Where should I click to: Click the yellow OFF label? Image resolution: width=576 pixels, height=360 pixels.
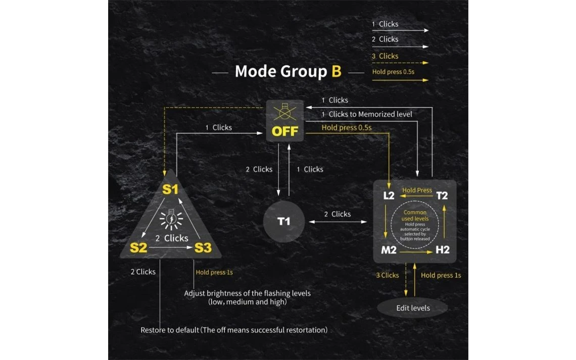click(x=285, y=131)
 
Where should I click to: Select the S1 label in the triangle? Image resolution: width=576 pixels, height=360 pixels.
click(x=170, y=190)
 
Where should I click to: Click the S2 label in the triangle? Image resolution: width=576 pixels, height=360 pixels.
click(x=138, y=248)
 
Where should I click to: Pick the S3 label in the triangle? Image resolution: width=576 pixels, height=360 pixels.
click(x=203, y=248)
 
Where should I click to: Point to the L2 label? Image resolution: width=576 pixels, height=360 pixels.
click(x=389, y=195)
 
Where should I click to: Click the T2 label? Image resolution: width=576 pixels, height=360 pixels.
click(x=442, y=195)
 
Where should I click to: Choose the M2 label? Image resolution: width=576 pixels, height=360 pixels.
click(x=388, y=249)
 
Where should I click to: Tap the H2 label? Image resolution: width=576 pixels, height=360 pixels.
click(x=442, y=249)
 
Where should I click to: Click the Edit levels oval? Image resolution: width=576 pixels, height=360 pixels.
click(x=412, y=308)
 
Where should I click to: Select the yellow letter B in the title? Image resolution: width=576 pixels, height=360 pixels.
click(x=337, y=71)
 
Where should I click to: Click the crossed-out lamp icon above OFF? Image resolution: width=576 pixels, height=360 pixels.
click(x=285, y=111)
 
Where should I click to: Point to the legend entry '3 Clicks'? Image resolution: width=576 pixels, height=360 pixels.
click(x=385, y=56)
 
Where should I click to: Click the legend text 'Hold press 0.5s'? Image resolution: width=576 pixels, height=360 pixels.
click(x=394, y=72)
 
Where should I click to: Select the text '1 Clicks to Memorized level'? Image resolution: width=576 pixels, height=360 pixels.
click(x=367, y=114)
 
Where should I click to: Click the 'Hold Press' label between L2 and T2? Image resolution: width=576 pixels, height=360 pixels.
click(x=417, y=190)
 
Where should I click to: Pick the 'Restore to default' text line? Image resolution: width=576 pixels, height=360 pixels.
click(x=234, y=330)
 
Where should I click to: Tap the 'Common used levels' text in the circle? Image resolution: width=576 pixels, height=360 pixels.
click(x=415, y=216)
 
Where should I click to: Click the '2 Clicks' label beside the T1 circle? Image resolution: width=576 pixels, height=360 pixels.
click(x=337, y=214)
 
